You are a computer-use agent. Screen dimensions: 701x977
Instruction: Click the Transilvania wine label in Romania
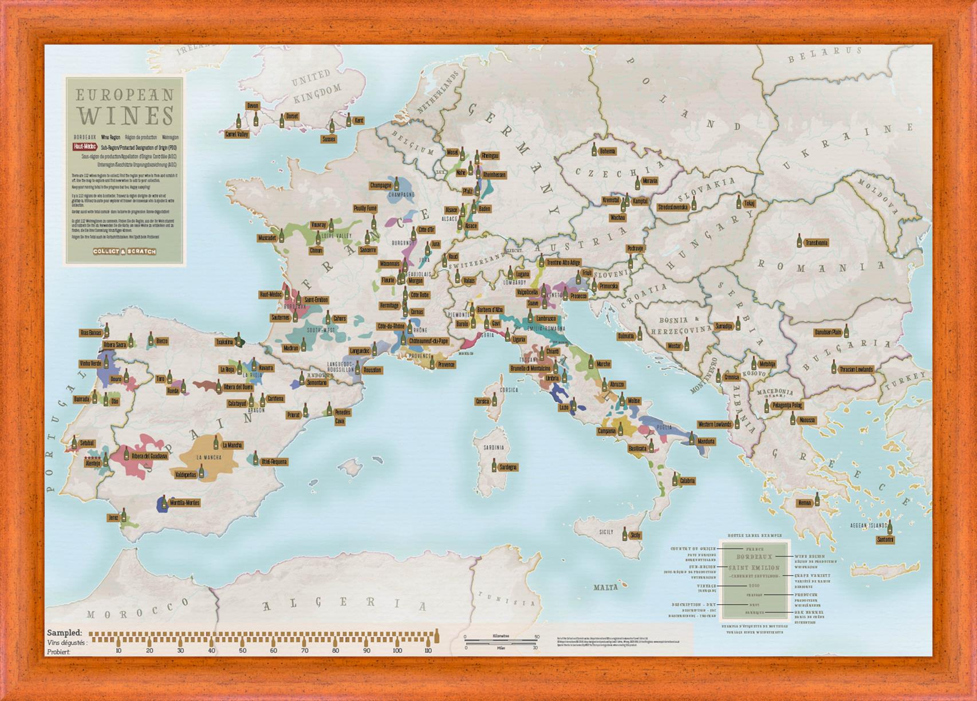click(816, 243)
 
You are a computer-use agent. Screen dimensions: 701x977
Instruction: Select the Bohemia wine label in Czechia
click(607, 151)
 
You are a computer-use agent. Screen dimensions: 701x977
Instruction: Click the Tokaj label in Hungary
click(749, 203)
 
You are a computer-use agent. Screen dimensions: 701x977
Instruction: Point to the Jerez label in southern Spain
click(113, 518)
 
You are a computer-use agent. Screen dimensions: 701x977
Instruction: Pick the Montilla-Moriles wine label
click(184, 503)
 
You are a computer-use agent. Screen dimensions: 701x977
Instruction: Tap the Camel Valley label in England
click(237, 135)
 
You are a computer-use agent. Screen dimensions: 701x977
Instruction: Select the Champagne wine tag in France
click(380, 186)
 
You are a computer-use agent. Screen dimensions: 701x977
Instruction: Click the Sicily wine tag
click(635, 535)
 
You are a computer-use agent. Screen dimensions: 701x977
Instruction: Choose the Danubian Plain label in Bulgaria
click(828, 332)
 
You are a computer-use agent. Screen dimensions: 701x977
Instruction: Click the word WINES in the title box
click(125, 115)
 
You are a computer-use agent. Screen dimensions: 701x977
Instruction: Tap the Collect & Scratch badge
click(124, 251)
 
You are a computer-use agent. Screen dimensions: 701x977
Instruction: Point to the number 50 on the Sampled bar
click(243, 651)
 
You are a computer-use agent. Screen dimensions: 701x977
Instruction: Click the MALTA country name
click(605, 588)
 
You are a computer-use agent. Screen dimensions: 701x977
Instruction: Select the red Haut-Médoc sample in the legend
click(85, 147)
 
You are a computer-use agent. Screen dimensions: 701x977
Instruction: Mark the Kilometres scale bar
click(501, 637)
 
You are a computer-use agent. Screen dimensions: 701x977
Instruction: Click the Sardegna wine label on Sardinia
click(507, 467)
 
